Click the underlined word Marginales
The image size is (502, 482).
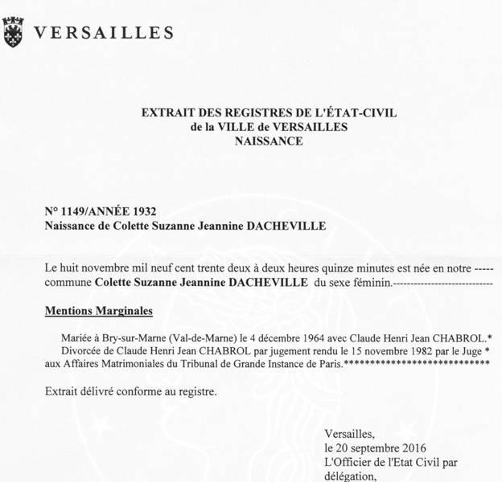[126, 310]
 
